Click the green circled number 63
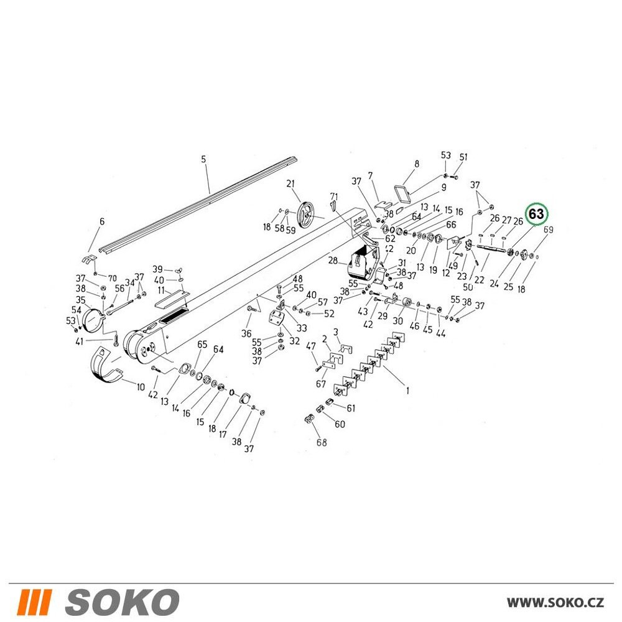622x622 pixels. (x=536, y=214)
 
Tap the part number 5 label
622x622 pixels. (x=203, y=159)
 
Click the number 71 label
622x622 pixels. (x=334, y=197)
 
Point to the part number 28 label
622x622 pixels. (x=333, y=261)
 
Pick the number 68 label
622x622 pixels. (x=322, y=442)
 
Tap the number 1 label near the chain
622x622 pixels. (x=407, y=391)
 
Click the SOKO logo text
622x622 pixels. (x=122, y=601)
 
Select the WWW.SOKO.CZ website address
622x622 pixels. (x=555, y=603)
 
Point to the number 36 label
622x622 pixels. (x=246, y=333)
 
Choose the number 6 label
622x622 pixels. (x=102, y=221)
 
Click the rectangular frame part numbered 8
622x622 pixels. (x=402, y=193)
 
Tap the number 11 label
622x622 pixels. (x=161, y=290)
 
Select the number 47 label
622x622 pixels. (x=310, y=346)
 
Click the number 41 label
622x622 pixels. (x=80, y=341)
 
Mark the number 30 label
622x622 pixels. (x=398, y=321)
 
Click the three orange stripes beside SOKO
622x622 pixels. (x=34, y=601)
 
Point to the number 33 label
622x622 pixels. (x=302, y=328)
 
